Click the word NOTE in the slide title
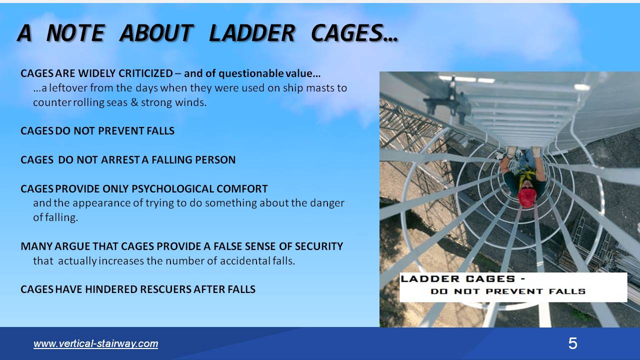coord(75,33)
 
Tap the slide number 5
coord(572,343)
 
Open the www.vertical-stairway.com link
coord(95,343)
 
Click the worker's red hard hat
coord(526,197)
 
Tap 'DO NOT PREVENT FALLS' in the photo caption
coord(507,291)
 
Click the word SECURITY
coord(318,246)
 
